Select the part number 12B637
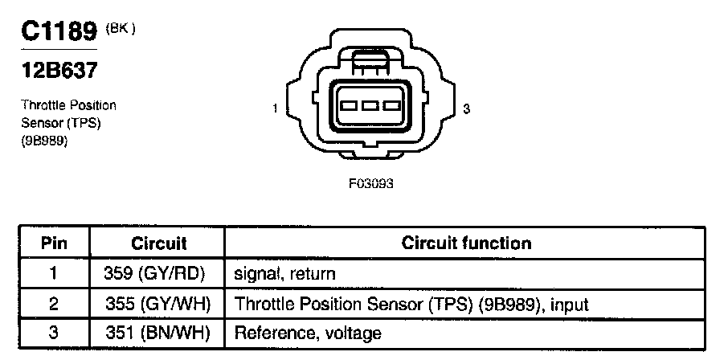tap(59, 71)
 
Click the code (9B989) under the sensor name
tap(44, 141)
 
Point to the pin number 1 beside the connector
tap(276, 108)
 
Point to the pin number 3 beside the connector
tap(466, 108)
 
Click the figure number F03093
tap(371, 183)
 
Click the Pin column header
tap(55, 243)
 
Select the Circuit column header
tap(157, 243)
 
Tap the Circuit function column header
tap(466, 243)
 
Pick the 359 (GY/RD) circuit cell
tap(157, 273)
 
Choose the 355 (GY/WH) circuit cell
tap(157, 304)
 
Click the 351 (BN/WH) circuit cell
tap(157, 333)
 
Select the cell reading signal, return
tap(284, 273)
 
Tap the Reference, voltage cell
tap(308, 333)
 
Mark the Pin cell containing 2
tap(53, 304)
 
